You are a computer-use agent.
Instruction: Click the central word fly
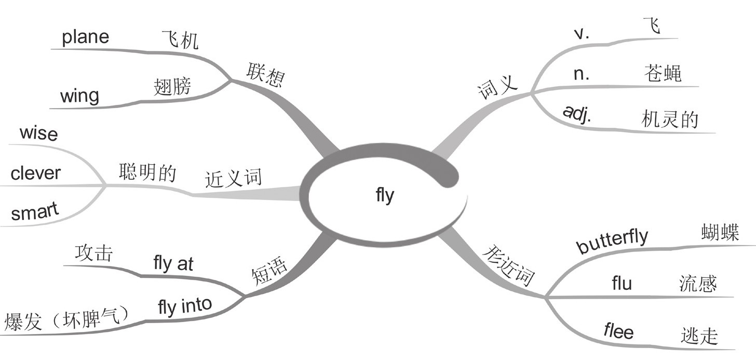(x=385, y=196)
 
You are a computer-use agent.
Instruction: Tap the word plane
(x=86, y=37)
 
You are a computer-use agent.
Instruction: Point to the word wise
(x=38, y=134)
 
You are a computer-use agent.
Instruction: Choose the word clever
(x=35, y=173)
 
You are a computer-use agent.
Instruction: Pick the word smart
(x=35, y=212)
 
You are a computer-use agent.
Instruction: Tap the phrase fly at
(x=173, y=264)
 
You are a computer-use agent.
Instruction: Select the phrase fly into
(x=185, y=306)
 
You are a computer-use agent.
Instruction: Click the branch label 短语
(x=269, y=271)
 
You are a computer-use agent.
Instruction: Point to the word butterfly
(x=613, y=241)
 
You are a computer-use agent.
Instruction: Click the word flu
(x=622, y=284)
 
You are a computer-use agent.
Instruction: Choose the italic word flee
(x=618, y=330)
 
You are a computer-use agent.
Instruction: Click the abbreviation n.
(x=581, y=74)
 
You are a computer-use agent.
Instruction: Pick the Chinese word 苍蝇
(x=662, y=74)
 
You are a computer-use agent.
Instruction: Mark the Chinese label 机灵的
(x=670, y=120)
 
